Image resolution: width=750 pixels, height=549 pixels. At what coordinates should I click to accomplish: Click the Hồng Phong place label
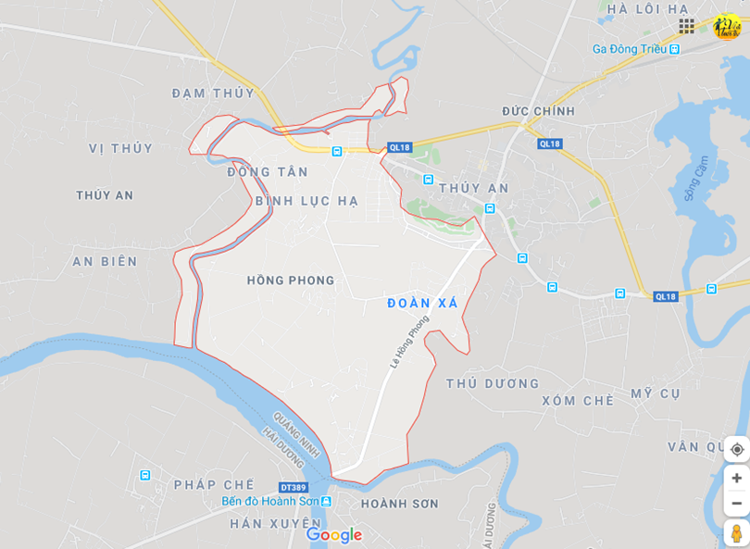pos(291,281)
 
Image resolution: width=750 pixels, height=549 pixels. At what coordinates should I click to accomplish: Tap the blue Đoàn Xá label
pos(422,304)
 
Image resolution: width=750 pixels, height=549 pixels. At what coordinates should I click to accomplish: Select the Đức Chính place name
pos(539,111)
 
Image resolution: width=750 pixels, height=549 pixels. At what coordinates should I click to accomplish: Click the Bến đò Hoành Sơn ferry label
pos(270,501)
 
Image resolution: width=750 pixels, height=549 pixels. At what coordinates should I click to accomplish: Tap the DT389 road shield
pos(292,487)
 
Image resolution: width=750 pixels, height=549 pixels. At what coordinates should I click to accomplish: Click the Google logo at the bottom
pos(334,535)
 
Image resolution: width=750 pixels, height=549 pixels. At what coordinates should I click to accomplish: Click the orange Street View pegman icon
pos(737,534)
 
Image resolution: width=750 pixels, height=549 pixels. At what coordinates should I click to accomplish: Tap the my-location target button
pos(737,449)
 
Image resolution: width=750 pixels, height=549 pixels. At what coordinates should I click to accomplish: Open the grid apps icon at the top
pos(686,26)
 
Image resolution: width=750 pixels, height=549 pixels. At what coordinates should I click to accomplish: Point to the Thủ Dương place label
pos(492,383)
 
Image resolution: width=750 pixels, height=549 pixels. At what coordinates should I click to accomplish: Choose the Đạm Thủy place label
pos(213,93)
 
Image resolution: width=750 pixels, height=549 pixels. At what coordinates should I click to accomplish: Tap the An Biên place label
pos(105,262)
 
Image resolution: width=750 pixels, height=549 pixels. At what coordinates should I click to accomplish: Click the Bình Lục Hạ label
pos(306,201)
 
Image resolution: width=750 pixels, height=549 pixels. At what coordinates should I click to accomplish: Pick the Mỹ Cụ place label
pos(656,394)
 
